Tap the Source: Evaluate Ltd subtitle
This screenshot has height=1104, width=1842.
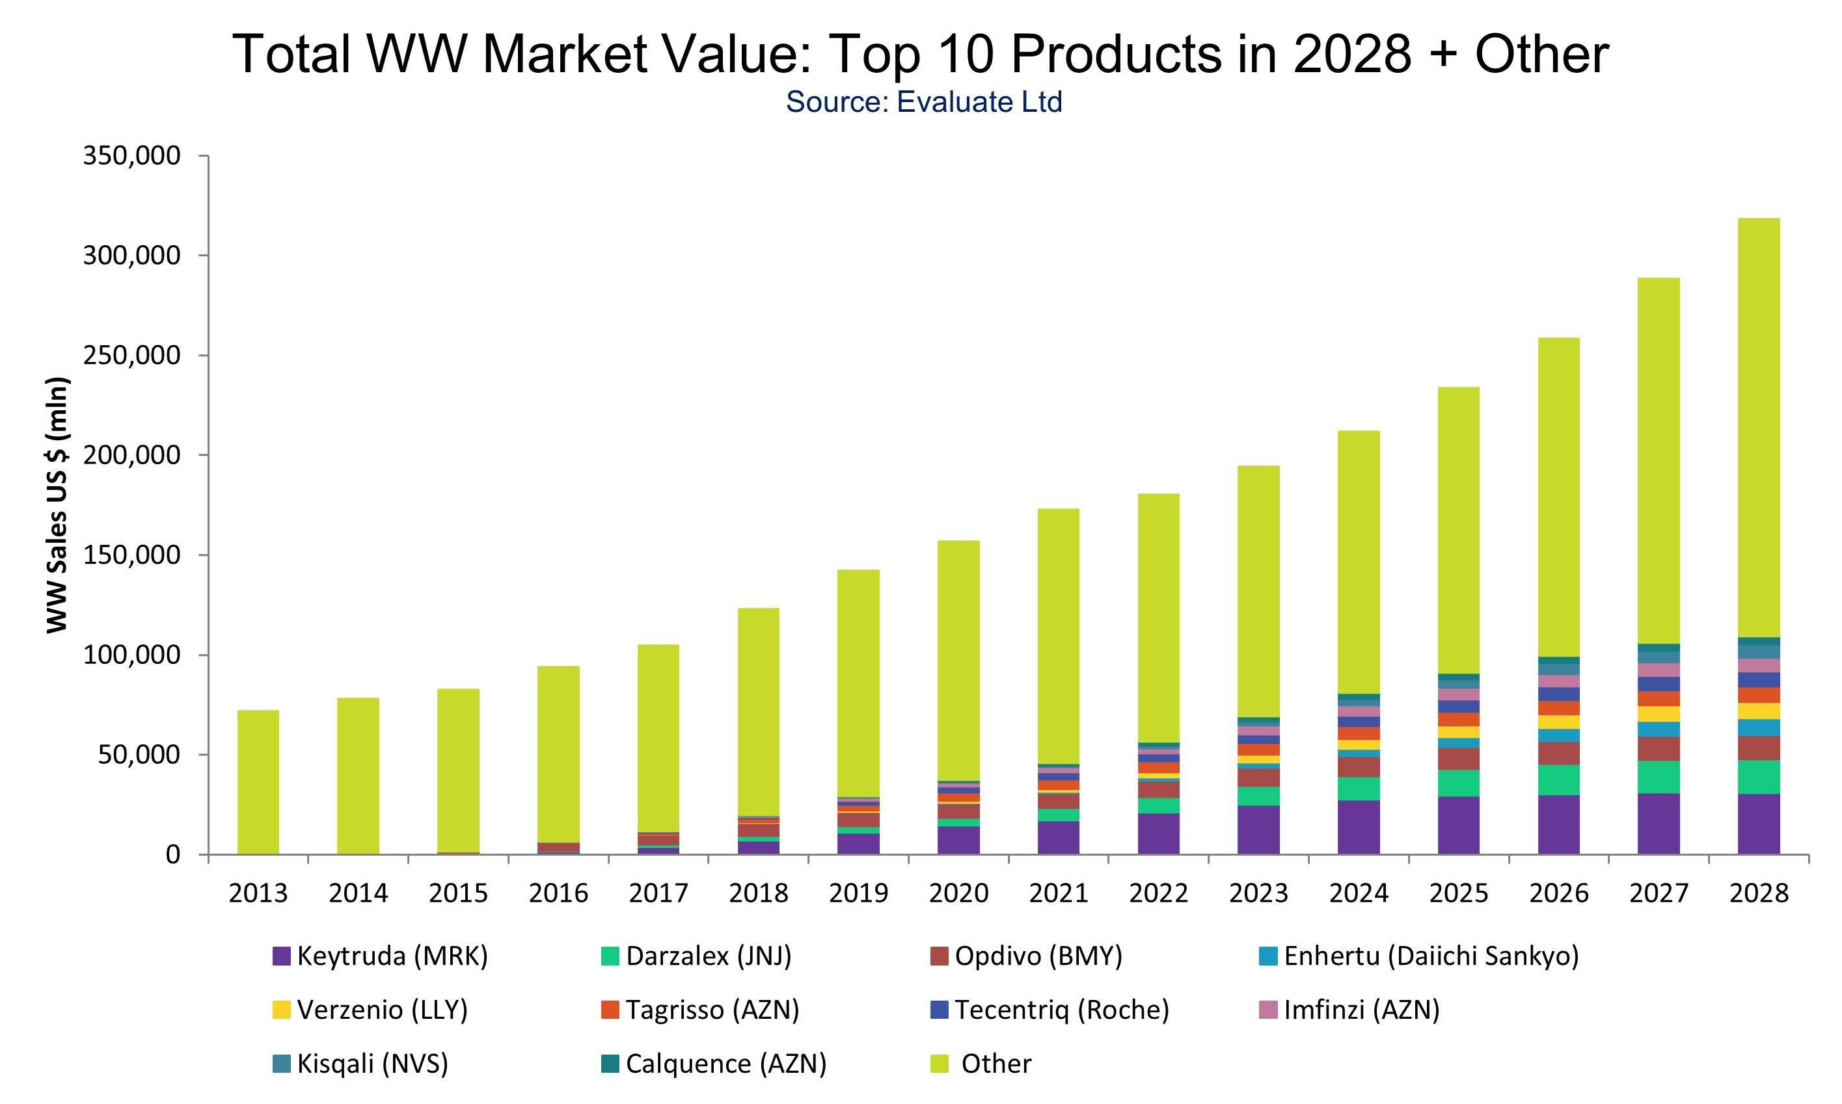[x=924, y=102]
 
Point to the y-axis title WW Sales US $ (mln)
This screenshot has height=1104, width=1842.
[x=57, y=505]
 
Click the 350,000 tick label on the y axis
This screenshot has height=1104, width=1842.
[x=131, y=156]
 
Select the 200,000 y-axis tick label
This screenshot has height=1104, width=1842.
[x=131, y=455]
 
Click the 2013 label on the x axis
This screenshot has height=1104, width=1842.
[x=258, y=893]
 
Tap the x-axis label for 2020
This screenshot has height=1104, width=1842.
[x=958, y=893]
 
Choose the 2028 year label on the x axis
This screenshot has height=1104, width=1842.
[x=1759, y=893]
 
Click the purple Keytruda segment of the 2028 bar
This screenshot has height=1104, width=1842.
[x=1759, y=824]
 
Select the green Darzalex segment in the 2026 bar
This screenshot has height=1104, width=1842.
[x=1558, y=780]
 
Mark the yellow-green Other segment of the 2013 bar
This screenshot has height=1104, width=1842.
[x=258, y=781]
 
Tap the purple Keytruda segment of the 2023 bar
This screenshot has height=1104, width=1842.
[x=1258, y=830]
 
